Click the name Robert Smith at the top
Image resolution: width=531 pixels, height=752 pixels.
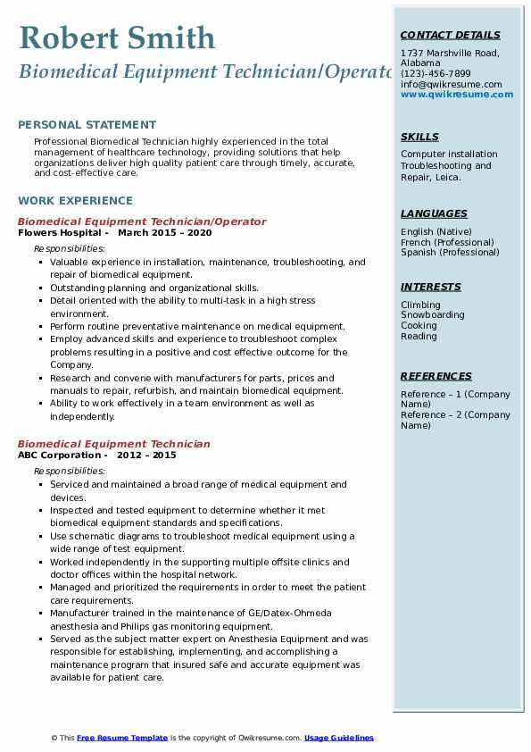point(116,38)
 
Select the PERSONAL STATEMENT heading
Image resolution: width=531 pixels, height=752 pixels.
point(87,125)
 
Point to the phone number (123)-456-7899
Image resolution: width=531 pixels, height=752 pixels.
point(436,74)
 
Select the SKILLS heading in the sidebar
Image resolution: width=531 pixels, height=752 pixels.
point(419,137)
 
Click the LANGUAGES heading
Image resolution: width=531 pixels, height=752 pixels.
point(434,213)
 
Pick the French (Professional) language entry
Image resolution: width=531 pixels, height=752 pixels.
point(445,242)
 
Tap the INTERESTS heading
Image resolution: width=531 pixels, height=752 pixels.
point(431,287)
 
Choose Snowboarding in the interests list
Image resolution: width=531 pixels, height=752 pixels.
point(432,315)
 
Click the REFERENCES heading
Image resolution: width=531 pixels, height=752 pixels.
point(436,376)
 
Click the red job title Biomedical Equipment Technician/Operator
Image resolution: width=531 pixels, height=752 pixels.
point(142,221)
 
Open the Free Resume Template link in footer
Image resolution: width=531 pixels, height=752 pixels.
point(122,738)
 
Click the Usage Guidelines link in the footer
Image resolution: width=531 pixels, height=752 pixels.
point(338,738)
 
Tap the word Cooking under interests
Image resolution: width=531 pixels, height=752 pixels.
point(419,326)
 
